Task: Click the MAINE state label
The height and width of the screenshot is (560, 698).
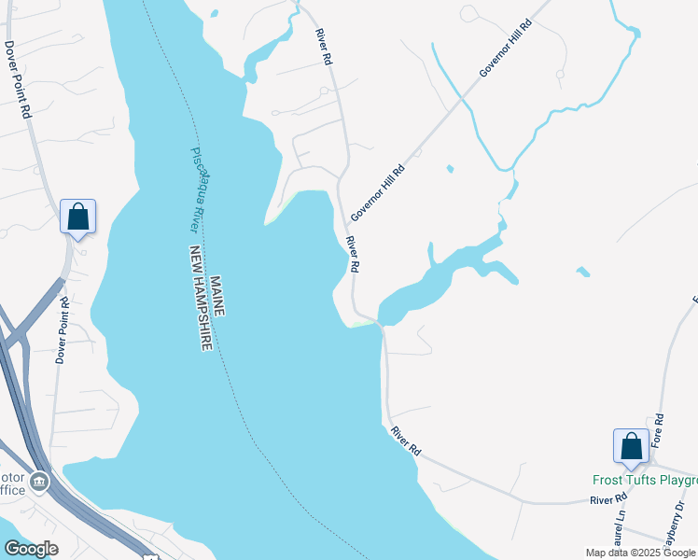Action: (216, 295)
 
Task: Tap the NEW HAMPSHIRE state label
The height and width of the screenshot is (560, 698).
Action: (202, 298)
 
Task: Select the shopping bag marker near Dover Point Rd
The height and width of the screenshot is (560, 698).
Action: (78, 217)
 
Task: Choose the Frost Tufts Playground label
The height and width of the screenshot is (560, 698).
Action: (645, 481)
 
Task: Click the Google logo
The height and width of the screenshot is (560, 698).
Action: (31, 549)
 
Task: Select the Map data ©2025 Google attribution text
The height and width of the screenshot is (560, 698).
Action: (639, 553)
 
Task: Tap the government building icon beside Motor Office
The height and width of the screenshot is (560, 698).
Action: (38, 482)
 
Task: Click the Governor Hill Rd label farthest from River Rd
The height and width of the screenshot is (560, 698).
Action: (505, 46)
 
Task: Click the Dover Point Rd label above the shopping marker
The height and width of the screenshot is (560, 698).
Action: (17, 78)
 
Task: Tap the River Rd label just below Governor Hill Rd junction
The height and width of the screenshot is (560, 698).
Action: (353, 254)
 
